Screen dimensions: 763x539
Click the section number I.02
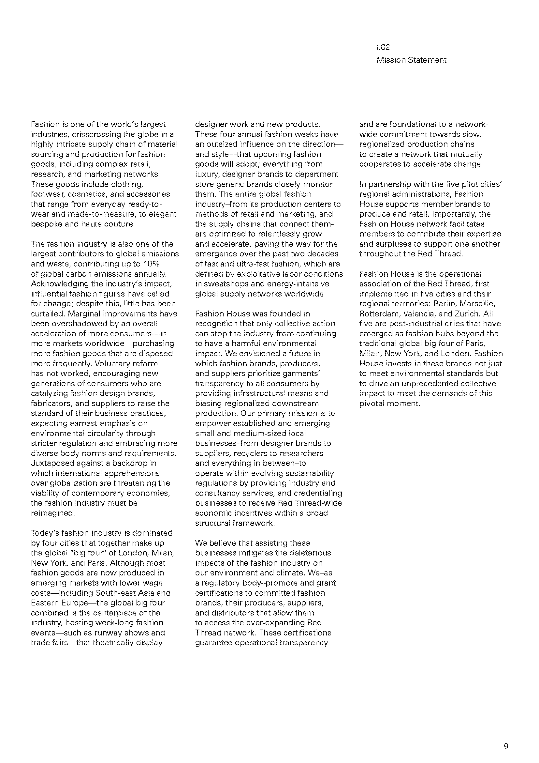(383, 47)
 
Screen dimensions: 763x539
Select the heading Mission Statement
(412, 60)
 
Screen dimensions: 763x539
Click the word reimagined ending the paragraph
(52, 513)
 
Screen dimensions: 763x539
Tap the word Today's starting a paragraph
(45, 533)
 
